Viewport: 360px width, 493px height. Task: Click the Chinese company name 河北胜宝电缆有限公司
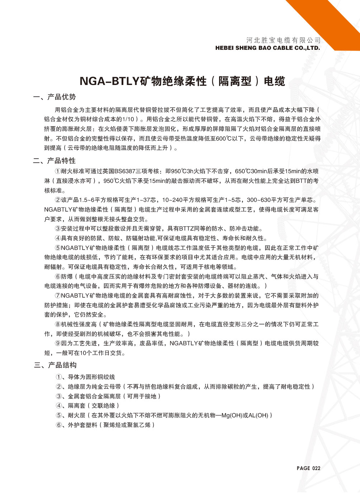[283, 40]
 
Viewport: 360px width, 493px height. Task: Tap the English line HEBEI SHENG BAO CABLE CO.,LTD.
[267, 48]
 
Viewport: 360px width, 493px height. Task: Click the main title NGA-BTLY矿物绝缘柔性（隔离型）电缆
[182, 81]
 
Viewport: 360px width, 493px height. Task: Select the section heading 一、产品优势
[55, 97]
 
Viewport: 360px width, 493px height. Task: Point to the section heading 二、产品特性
[55, 160]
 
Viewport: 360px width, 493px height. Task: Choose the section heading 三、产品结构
[55, 365]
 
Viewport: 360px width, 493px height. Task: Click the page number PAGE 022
[308, 468]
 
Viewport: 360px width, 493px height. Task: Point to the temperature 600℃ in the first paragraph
[223, 138]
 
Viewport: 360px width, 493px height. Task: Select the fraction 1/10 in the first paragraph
[128, 119]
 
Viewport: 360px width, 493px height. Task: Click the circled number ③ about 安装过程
[58, 229]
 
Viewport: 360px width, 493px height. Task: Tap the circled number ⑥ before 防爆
[58, 276]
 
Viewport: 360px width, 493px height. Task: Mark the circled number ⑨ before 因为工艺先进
[58, 343]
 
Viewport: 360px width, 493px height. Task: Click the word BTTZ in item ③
[186, 229]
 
